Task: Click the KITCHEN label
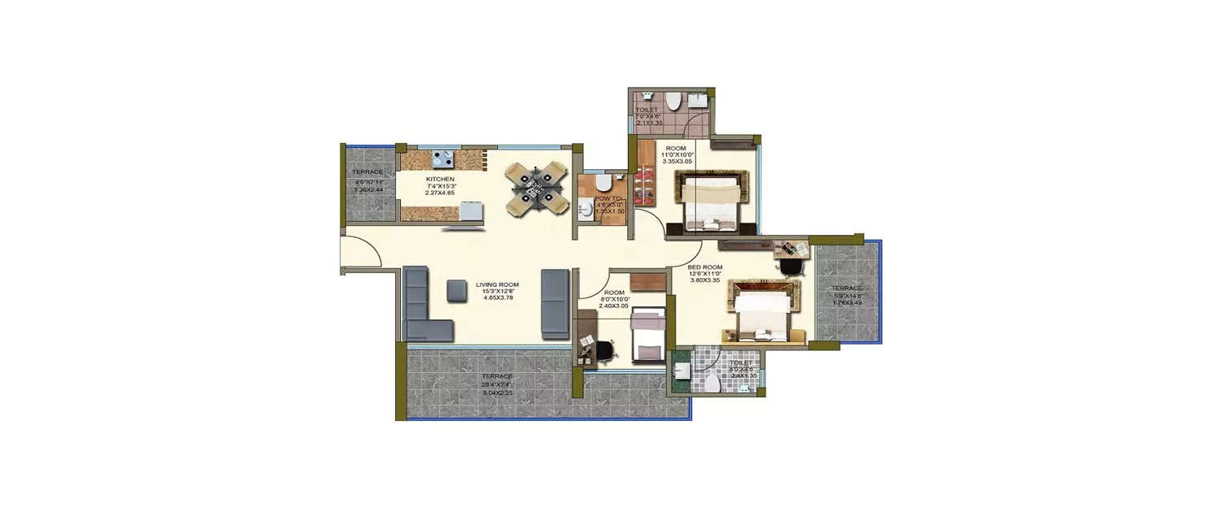point(439,178)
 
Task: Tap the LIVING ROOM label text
point(497,284)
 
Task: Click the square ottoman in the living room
point(456,290)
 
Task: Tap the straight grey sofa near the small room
point(555,304)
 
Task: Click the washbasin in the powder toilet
point(585,211)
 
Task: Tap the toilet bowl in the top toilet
point(673,101)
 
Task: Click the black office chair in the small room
point(604,350)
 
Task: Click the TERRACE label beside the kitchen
point(367,172)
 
